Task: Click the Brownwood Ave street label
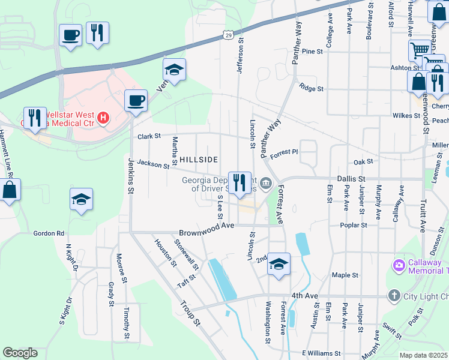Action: click(206, 232)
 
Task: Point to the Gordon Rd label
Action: click(49, 233)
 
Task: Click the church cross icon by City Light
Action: click(394, 295)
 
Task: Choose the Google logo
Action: click(20, 353)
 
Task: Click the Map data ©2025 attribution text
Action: click(423, 355)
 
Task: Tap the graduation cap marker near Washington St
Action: click(279, 263)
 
